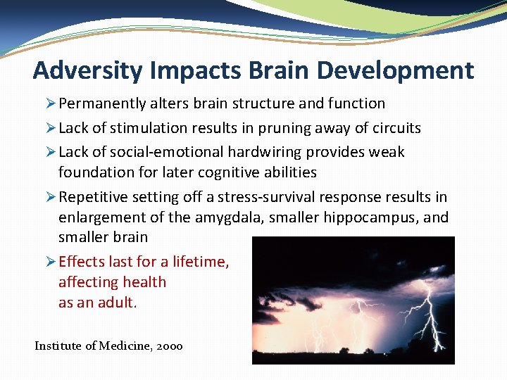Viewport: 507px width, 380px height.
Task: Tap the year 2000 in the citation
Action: (169, 346)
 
